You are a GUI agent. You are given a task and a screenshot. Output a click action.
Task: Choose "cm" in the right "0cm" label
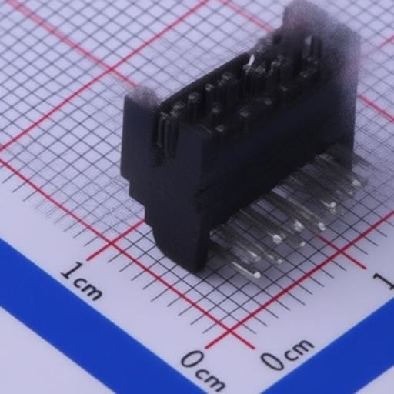point(299,349)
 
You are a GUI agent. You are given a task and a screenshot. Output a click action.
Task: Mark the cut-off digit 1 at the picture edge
point(385,282)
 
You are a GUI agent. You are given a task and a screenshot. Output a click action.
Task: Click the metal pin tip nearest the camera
point(256,275)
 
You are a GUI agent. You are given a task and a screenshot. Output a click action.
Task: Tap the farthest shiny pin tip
point(356,183)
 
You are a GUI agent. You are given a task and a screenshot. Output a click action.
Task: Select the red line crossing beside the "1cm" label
point(113,243)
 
